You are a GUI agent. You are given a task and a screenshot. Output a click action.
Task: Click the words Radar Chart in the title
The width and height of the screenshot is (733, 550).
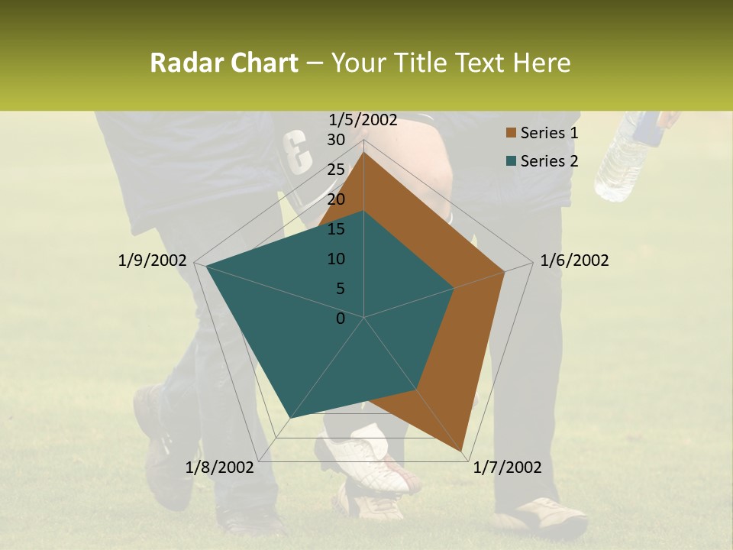(x=224, y=63)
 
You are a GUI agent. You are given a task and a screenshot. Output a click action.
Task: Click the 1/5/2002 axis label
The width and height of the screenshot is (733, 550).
(x=363, y=119)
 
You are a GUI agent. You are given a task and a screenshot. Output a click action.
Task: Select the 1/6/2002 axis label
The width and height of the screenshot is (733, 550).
(x=574, y=260)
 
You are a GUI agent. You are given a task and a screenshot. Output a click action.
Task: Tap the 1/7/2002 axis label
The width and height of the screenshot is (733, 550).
(x=507, y=467)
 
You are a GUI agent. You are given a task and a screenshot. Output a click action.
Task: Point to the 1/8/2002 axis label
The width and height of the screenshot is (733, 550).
(x=219, y=467)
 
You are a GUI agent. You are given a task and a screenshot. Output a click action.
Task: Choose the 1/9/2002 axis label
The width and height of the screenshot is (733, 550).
(x=152, y=260)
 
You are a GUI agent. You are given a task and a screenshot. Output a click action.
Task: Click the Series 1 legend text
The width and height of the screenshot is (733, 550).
(x=549, y=133)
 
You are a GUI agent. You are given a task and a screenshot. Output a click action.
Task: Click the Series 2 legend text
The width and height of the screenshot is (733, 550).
(x=549, y=160)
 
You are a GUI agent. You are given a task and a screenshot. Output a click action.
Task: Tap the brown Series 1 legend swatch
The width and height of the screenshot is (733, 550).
(x=509, y=134)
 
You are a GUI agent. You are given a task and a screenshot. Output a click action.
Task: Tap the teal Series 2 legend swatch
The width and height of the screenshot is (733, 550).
(x=509, y=161)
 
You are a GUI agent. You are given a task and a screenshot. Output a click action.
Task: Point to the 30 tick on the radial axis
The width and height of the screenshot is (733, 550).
(x=336, y=140)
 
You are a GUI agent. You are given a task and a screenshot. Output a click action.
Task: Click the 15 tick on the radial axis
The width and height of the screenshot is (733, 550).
(x=336, y=229)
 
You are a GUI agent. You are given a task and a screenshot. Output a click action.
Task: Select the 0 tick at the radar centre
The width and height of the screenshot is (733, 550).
(x=341, y=319)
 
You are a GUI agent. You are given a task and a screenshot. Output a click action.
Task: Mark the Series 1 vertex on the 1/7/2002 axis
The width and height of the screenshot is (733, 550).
(x=463, y=451)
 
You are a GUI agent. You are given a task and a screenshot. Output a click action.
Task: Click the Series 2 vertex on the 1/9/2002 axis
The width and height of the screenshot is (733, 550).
(x=205, y=266)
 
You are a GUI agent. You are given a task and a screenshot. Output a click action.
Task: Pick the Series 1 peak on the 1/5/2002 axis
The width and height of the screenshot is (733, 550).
(x=364, y=152)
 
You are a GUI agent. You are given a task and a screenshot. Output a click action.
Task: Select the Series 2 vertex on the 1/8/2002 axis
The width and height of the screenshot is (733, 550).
(x=291, y=418)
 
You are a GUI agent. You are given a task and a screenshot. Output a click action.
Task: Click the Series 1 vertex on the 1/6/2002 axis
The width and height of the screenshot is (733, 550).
(x=505, y=271)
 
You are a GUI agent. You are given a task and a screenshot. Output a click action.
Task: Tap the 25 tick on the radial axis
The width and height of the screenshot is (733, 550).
(x=336, y=170)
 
